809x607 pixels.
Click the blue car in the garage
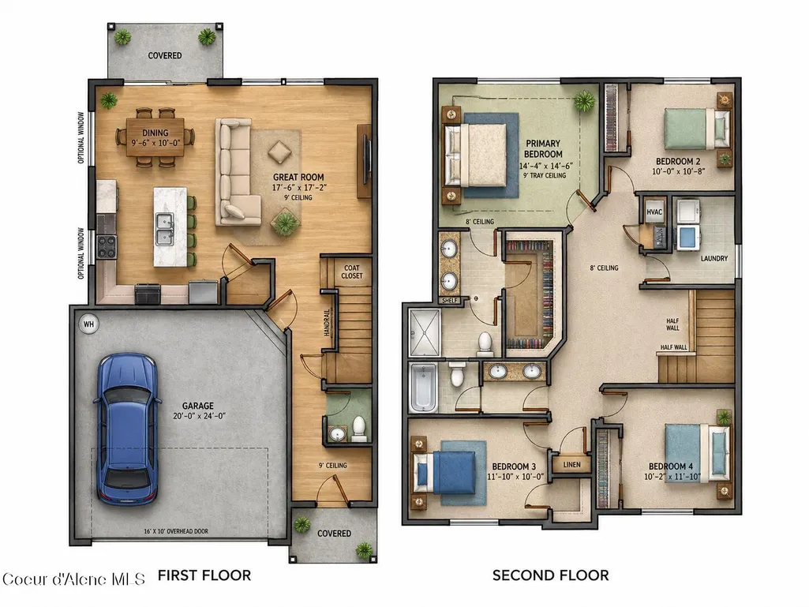[127, 429]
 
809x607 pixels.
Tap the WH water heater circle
[88, 324]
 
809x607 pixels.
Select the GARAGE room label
[197, 406]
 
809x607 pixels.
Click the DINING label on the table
[155, 133]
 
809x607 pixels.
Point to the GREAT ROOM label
[298, 177]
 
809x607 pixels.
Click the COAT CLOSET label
[352, 272]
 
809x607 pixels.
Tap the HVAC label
[654, 212]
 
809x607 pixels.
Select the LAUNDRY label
[714, 258]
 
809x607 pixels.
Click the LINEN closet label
[571, 465]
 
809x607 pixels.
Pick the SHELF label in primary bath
[450, 301]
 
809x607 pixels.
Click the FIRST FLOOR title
[204, 575]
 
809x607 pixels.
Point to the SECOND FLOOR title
[550, 575]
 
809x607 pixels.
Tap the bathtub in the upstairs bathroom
[423, 387]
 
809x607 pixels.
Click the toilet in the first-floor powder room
[359, 429]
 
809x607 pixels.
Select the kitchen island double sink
[165, 229]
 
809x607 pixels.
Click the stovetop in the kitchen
[107, 246]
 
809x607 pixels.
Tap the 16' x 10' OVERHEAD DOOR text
[176, 531]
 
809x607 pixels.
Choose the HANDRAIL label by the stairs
[327, 323]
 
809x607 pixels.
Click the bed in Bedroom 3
[445, 472]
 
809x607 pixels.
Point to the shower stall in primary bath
[425, 332]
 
